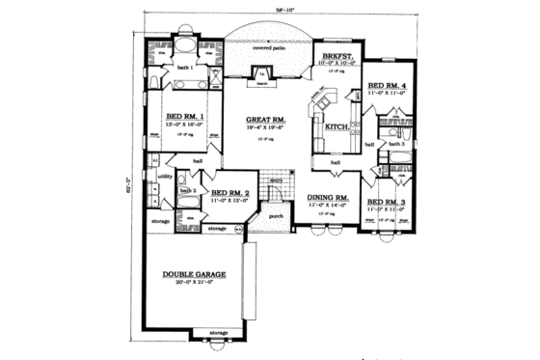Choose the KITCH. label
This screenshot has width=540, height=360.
pos(336,126)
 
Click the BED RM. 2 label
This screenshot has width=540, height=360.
pos(230,192)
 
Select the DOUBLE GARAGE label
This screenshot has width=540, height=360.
pos(194,274)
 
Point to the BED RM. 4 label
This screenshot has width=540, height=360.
pos(390,85)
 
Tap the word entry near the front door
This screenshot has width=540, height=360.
pos(275,180)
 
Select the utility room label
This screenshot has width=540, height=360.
pos(165,177)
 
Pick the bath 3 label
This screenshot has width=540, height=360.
pos(395,143)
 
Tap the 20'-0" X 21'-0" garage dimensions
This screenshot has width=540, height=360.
pos(194,284)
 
